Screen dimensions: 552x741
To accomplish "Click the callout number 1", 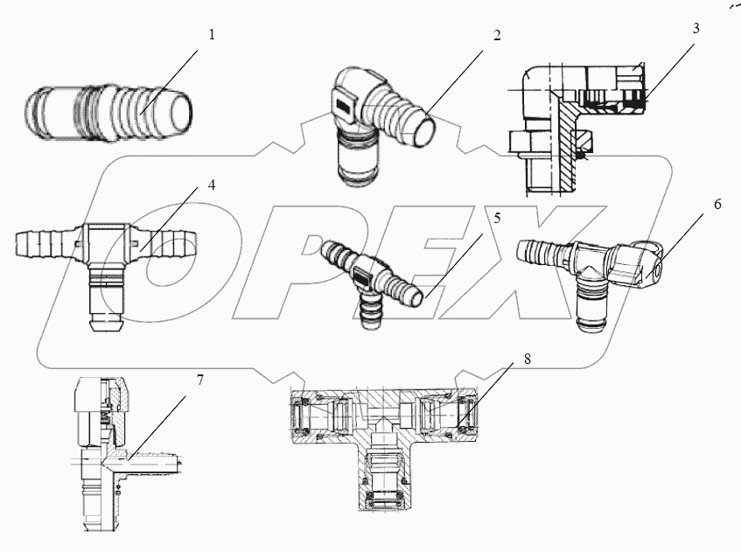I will tap(212, 36).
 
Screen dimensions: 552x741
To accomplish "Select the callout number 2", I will tap(496, 36).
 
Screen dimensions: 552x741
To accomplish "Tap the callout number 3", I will tap(696, 27).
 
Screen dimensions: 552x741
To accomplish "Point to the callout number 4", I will tap(212, 186).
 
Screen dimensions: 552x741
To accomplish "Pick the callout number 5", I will tap(497, 219).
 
